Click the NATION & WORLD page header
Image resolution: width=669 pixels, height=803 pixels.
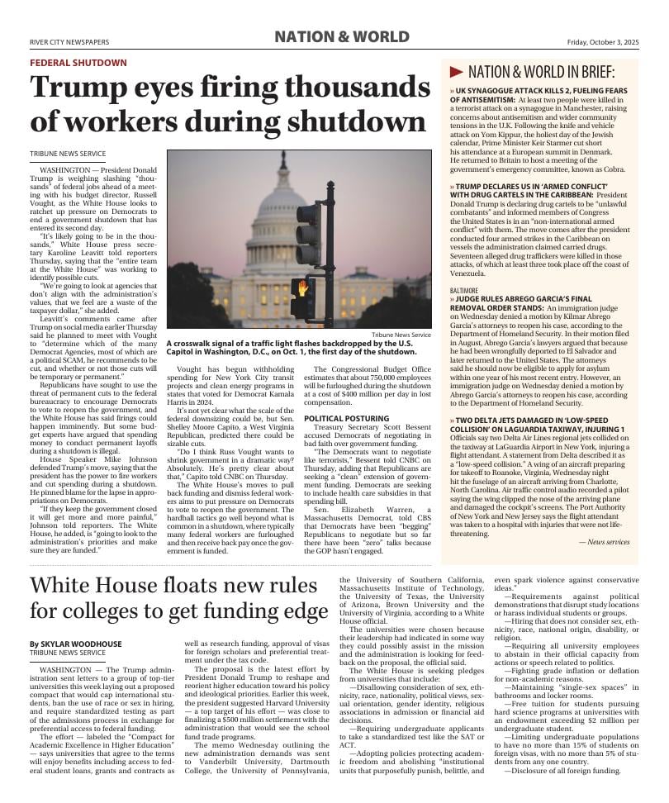pyautogui.click(x=341, y=36)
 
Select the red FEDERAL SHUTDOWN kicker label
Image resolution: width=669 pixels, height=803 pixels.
pyautogui.click(x=78, y=63)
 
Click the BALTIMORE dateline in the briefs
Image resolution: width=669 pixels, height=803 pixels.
pyautogui.click(x=464, y=291)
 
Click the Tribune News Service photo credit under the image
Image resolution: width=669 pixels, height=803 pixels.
pyautogui.click(x=401, y=335)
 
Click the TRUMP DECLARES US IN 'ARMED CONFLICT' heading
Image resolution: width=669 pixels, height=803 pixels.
pyautogui.click(x=534, y=187)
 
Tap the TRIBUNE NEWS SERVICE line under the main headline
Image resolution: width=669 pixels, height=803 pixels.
pyautogui.click(x=68, y=154)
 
